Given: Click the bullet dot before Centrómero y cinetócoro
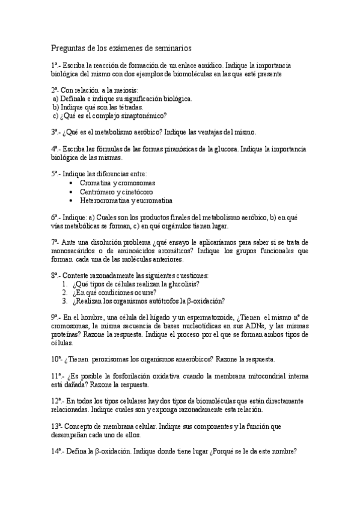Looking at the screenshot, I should (x=72, y=191).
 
